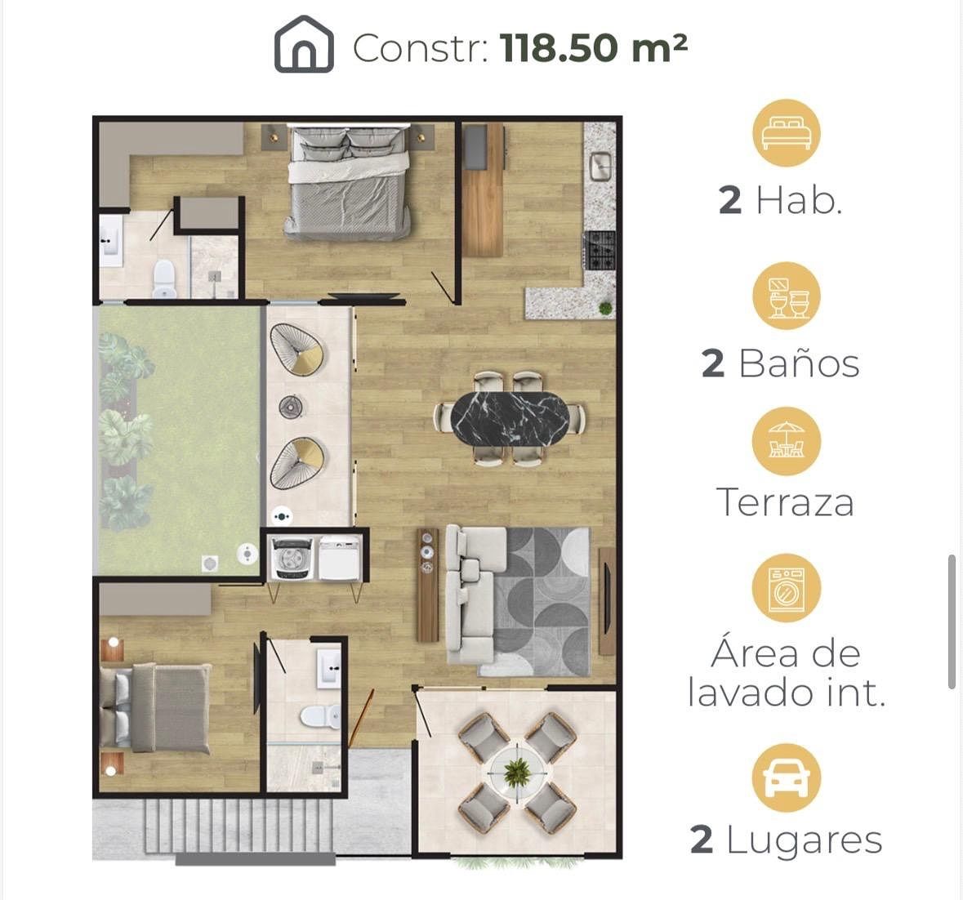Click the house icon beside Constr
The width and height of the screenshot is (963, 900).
[x=303, y=45]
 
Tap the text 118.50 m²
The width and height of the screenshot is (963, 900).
[x=594, y=47]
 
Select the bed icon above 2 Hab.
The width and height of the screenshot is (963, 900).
[x=787, y=133]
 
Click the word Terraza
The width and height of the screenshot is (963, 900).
[x=785, y=502]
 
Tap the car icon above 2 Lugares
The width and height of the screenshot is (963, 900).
[x=786, y=777]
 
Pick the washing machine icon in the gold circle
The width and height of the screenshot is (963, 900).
[x=787, y=587]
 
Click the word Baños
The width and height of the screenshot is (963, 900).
[x=799, y=363]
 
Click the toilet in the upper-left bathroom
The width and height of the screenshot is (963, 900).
[x=164, y=278]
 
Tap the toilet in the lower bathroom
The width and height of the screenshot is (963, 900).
[x=320, y=716]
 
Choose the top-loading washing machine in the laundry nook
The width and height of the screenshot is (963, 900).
[x=293, y=558]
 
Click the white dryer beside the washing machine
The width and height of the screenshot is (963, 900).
[x=339, y=558]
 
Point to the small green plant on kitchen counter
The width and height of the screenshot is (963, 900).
[x=605, y=308]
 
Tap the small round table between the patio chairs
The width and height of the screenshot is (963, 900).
[x=291, y=406]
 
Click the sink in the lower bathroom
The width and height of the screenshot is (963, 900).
[x=328, y=666]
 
